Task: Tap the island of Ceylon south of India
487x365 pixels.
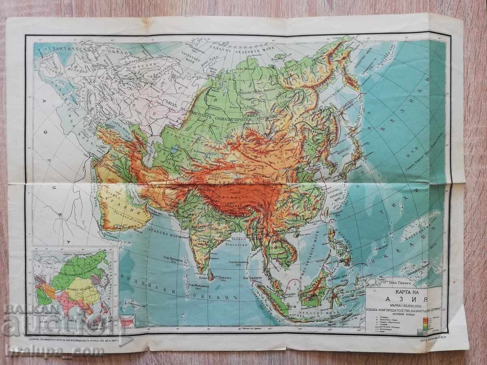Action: point(211,276)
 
